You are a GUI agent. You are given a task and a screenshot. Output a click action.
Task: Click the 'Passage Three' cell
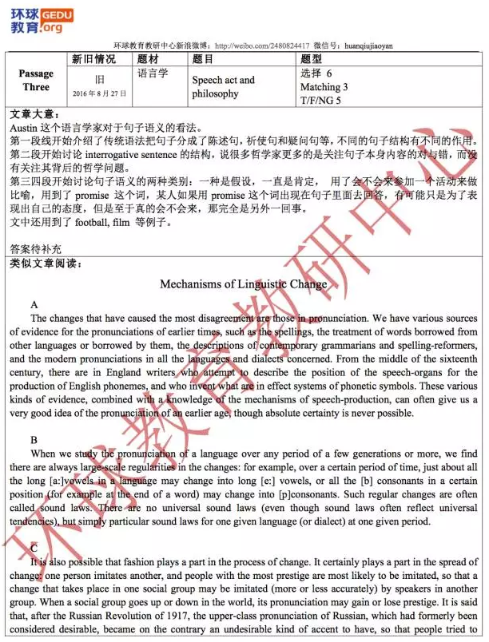click(x=36, y=80)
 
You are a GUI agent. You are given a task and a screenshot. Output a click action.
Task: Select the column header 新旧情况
click(x=93, y=58)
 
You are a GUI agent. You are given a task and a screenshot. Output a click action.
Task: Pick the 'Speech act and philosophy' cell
click(x=223, y=86)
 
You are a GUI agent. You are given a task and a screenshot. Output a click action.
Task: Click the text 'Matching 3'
click(x=324, y=86)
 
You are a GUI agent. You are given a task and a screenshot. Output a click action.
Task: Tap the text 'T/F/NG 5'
click(x=320, y=100)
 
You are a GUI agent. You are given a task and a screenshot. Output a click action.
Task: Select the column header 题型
click(x=311, y=58)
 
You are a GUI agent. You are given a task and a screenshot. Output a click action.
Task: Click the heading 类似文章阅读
click(x=45, y=263)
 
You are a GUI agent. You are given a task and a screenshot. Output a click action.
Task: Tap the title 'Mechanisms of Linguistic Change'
click(x=244, y=283)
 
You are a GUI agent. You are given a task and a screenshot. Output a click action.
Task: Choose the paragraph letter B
click(x=34, y=440)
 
